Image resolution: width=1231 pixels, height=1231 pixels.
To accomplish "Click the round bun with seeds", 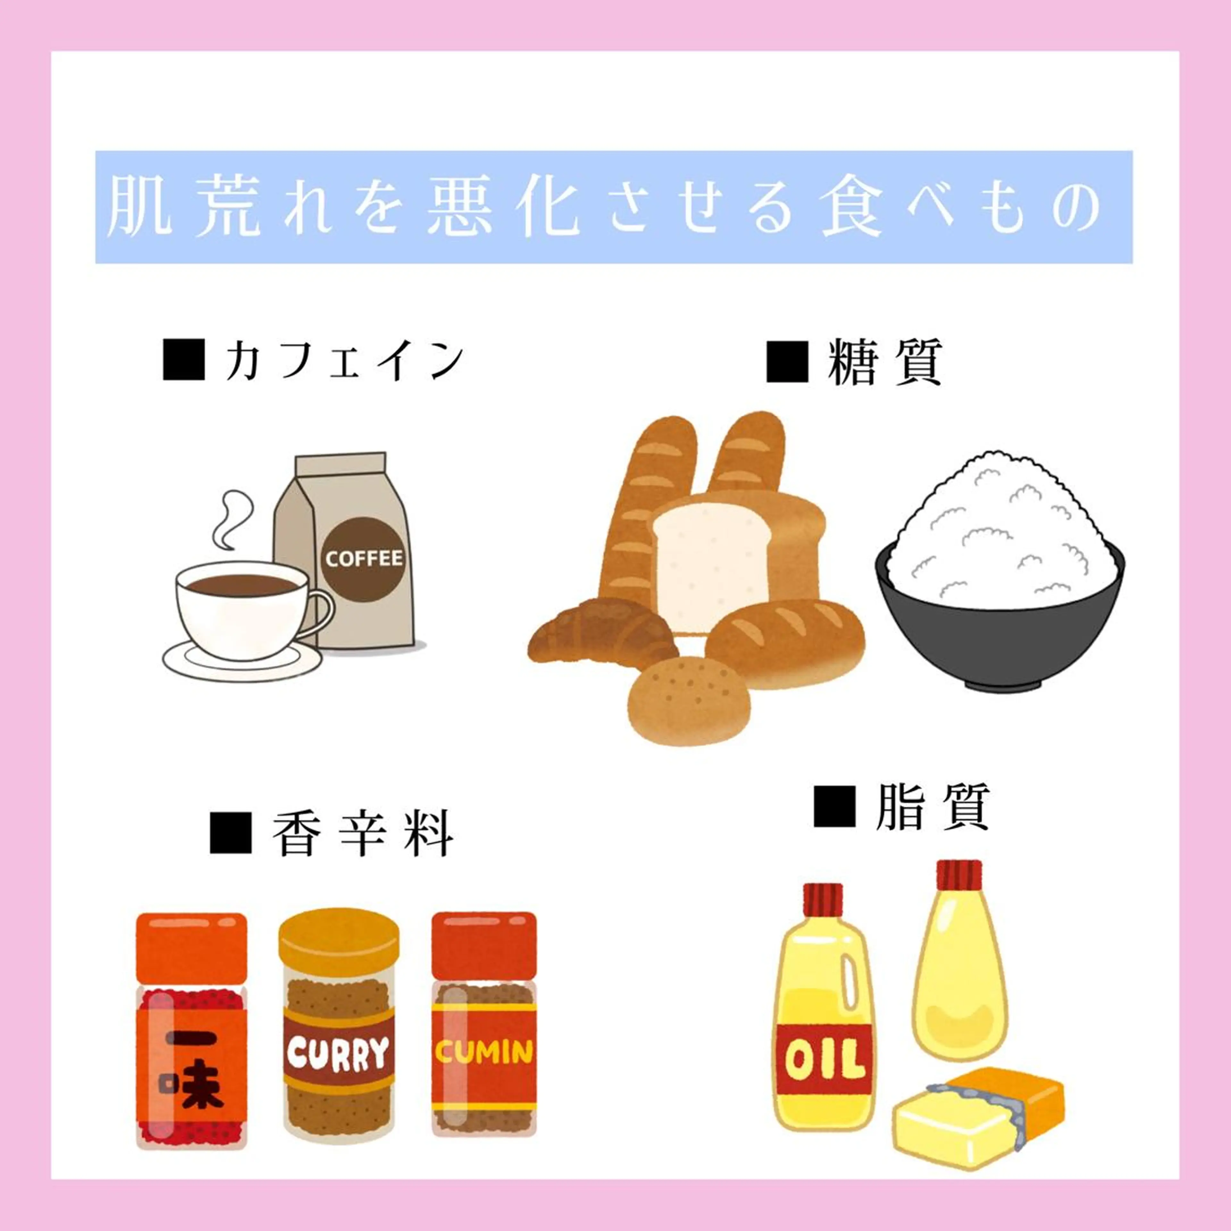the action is coord(688,701).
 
